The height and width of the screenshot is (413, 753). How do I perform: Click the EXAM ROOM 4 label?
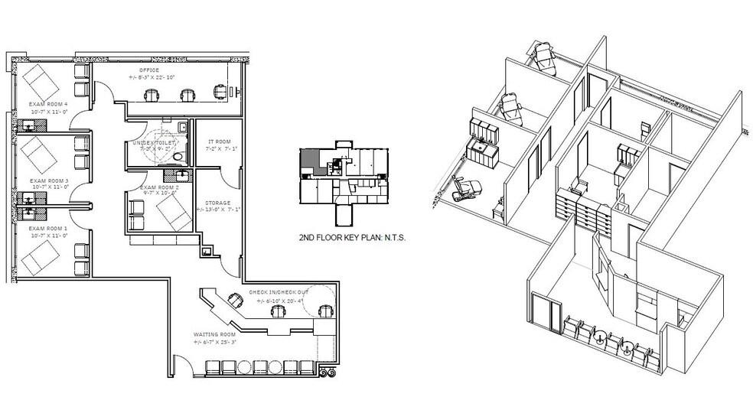point(48,104)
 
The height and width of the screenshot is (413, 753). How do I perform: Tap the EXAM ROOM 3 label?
point(48,181)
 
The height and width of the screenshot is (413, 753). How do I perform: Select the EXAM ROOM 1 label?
point(48,228)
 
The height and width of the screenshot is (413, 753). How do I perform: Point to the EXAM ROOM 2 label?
point(159,187)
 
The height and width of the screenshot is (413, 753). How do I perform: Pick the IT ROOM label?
point(220,141)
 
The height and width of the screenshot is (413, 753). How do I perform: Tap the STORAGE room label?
point(220,203)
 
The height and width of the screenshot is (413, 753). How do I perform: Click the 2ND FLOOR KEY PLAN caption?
point(351,238)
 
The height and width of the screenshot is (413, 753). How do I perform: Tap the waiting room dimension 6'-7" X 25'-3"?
point(215,342)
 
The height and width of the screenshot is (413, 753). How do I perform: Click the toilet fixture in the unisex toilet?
point(178,158)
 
